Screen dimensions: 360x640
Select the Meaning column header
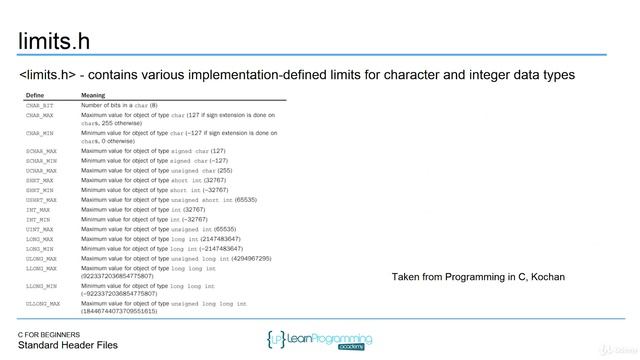pyautogui.click(x=93, y=96)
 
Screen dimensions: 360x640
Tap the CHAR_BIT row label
pyautogui.click(x=40, y=105)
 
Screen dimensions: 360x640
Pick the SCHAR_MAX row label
pyautogui.click(x=42, y=151)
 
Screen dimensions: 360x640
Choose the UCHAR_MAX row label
pyautogui.click(x=42, y=170)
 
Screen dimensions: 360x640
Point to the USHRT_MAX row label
pyautogui.click(x=42, y=199)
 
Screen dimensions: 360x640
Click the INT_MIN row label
pyautogui.click(x=39, y=219)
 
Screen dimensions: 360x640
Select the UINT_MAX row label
pyautogui.click(x=40, y=229)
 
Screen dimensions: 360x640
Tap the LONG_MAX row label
pyautogui.click(x=40, y=239)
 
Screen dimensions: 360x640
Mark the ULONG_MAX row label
pyautogui.click(x=42, y=258)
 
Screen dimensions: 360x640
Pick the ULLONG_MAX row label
pyautogui.click(x=44, y=303)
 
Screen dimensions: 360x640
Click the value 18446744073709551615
pyautogui.click(x=119, y=311)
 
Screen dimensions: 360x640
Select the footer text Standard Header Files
pyautogui.click(x=67, y=345)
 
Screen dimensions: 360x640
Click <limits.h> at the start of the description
pyautogui.click(x=48, y=76)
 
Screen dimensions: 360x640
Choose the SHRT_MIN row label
pyautogui.click(x=40, y=190)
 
